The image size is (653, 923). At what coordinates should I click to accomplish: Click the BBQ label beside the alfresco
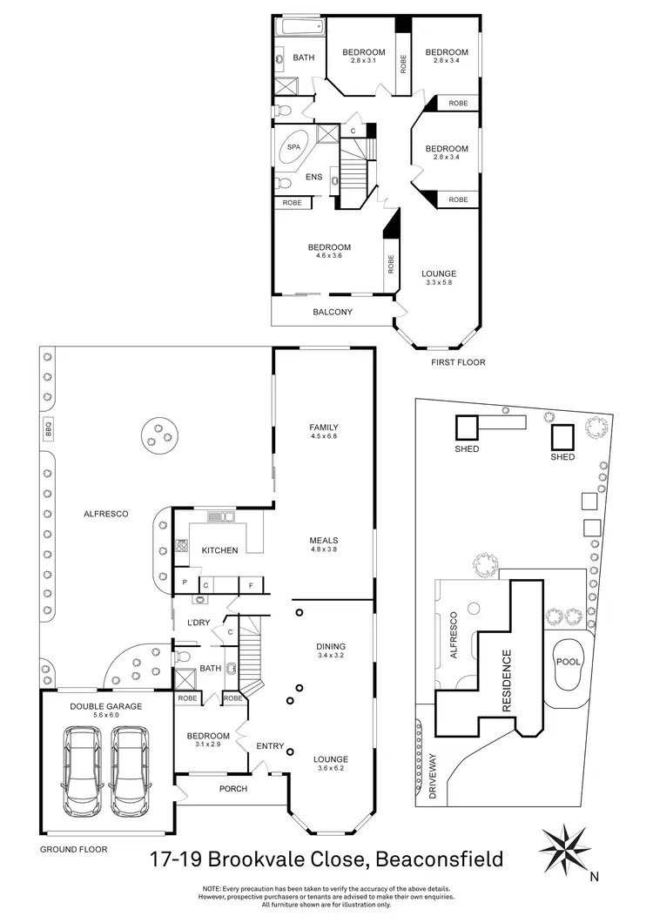[x=48, y=428]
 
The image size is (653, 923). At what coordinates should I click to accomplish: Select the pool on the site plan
[x=569, y=662]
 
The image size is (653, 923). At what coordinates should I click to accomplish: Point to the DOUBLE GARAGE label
[x=105, y=705]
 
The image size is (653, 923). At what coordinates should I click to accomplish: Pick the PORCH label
[x=232, y=789]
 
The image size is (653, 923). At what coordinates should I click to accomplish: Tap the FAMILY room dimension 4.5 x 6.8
[x=323, y=437]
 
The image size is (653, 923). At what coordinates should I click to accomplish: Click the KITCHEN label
[x=219, y=551]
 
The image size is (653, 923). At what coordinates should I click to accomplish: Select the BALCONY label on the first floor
[x=333, y=312]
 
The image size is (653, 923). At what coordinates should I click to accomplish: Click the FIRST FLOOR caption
[x=458, y=362]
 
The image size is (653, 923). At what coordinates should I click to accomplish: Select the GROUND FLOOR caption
[x=74, y=848]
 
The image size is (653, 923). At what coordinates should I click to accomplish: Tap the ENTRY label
[x=270, y=745]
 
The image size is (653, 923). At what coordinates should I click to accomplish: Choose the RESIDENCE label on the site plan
[x=508, y=682]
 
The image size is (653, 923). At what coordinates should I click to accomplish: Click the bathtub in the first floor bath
[x=299, y=28]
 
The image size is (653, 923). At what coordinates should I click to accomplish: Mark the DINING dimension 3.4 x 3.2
[x=331, y=656]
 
